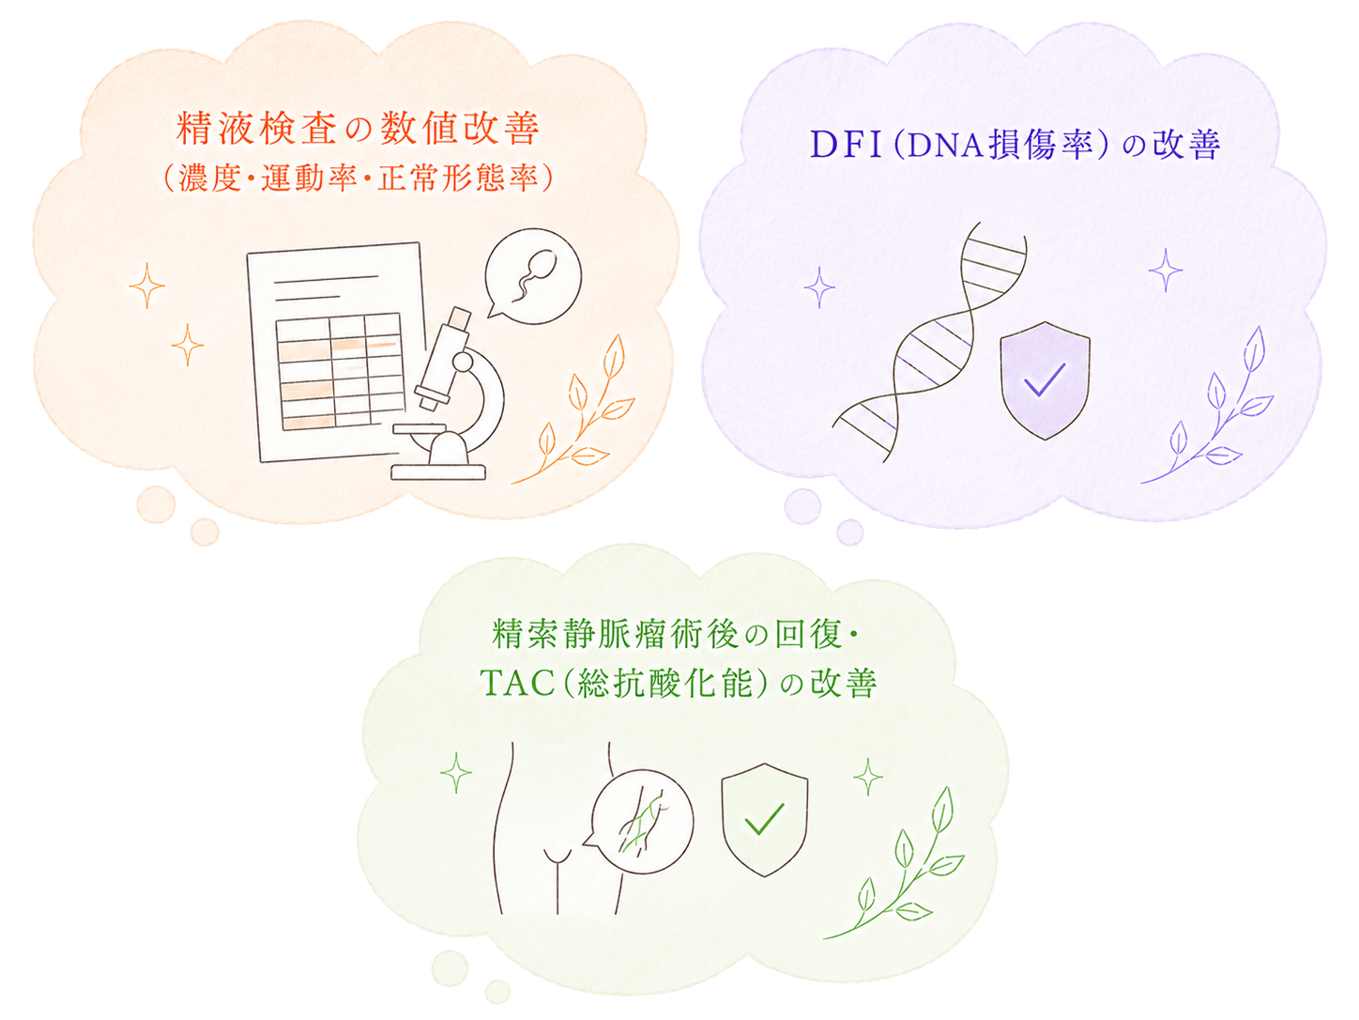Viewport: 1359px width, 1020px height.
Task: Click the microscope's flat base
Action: pos(437,471)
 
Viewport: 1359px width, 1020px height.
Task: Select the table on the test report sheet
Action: pos(340,371)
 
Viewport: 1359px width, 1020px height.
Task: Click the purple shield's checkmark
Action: pos(1045,379)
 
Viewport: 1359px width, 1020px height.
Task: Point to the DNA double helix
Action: pos(929,342)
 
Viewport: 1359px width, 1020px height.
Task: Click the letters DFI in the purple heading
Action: pos(846,145)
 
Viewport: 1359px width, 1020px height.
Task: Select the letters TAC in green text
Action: pos(517,684)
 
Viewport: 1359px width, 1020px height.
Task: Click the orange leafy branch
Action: pos(573,409)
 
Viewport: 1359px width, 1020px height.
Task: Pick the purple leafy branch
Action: pos(1206,405)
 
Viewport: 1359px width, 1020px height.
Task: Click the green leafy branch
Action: pos(893,863)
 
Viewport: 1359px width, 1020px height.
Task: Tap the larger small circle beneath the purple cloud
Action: pos(803,506)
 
